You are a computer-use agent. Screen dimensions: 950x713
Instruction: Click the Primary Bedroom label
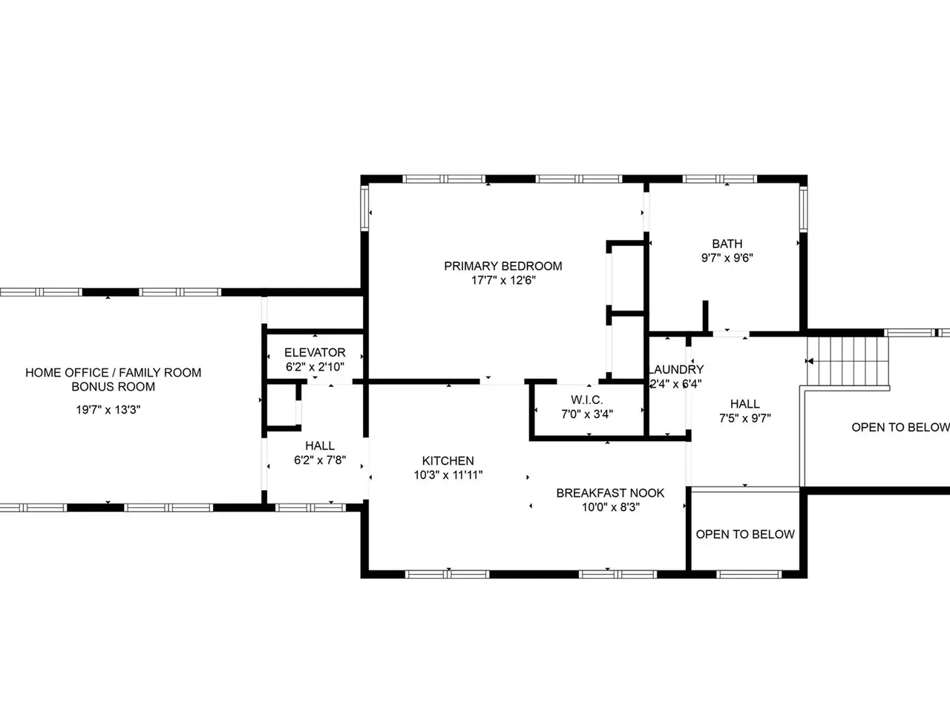coord(503,266)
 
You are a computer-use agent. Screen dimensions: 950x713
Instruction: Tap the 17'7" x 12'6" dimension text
coord(503,281)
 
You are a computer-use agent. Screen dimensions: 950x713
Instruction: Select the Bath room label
coord(727,244)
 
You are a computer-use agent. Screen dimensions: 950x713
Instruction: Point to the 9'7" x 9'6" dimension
coord(727,258)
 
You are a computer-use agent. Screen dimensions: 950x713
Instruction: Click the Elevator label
coord(315,352)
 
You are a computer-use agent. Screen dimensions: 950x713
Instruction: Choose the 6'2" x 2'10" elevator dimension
coord(315,367)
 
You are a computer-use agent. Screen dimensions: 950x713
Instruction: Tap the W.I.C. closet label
coord(586,400)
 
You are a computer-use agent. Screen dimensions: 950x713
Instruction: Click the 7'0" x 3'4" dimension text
coord(587,414)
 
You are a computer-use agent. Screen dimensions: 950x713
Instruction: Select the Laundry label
coord(676,369)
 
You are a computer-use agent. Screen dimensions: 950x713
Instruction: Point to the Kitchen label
coord(448,460)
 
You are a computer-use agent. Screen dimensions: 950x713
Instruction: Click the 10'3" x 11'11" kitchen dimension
coord(448,475)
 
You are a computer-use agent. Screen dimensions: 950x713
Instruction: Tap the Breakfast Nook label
coord(610,493)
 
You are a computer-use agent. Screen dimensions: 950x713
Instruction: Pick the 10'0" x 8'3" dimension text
coord(610,507)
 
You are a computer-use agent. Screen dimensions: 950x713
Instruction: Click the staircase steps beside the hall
coord(848,362)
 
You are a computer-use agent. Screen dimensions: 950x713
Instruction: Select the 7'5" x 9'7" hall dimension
coord(745,418)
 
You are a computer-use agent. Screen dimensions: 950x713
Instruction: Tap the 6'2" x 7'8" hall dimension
coord(320,460)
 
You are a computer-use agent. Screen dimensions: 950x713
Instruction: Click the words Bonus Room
coord(114,387)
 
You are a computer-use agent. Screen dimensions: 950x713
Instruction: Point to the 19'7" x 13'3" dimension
coord(108,409)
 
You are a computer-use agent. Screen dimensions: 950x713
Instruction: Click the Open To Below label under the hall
coord(745,534)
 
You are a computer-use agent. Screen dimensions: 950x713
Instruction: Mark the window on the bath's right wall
coord(803,209)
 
